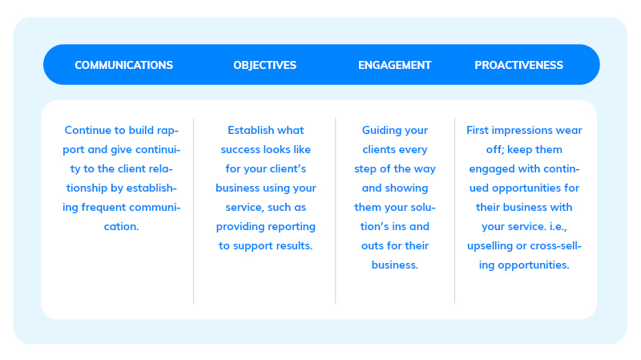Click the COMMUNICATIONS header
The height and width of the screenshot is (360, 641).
coord(124,65)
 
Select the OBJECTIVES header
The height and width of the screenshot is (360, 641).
coord(265,65)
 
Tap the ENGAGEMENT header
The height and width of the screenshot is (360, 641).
coord(394,65)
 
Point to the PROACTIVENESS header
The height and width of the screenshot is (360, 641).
coord(518,65)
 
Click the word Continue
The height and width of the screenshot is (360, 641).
coord(87,130)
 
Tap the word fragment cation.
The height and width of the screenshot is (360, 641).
coord(122,226)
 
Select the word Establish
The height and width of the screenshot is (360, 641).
coord(251,130)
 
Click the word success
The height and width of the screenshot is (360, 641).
coord(241,150)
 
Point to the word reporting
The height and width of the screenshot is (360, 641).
coord(291,227)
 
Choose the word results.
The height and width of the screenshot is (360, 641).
coord(293,246)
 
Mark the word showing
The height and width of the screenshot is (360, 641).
coord(406,188)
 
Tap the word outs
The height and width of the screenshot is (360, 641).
coord(371,246)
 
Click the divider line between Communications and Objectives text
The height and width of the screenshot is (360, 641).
coord(194,211)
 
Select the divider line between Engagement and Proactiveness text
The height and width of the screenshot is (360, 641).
coord(454,211)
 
